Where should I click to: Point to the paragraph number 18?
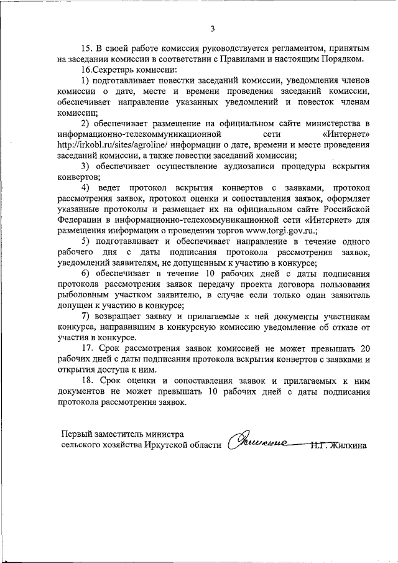tap(88, 381)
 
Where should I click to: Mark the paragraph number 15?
tap(88, 48)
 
